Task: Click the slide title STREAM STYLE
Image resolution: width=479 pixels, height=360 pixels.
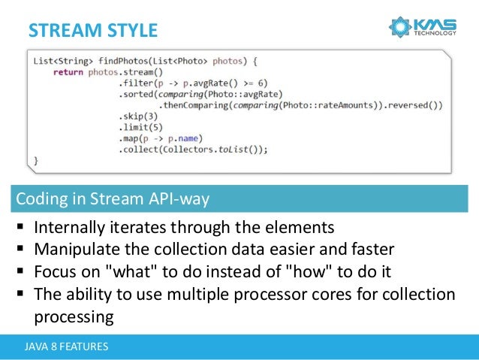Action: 93,31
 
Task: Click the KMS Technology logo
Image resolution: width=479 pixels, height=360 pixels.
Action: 423,28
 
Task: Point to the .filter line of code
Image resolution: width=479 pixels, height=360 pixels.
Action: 193,83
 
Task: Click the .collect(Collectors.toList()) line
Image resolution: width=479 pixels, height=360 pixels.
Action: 193,149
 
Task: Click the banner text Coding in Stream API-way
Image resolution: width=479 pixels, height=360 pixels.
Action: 113,199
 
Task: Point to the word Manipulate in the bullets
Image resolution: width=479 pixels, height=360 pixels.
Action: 75,249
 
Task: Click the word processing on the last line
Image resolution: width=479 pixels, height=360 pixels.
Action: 74,316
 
